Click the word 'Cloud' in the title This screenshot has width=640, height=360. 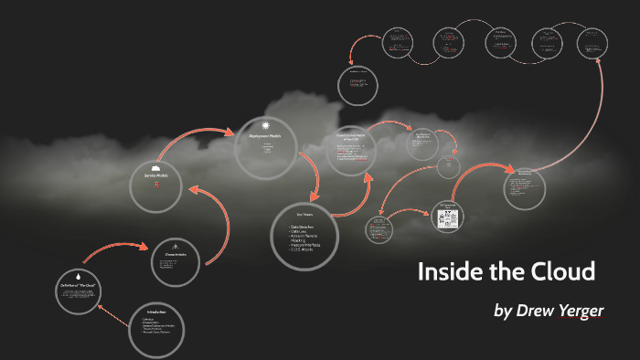tap(563, 271)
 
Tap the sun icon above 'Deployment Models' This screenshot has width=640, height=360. tap(266, 126)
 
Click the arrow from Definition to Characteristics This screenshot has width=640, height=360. tap(114, 249)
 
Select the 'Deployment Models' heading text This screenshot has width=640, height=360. tap(266, 136)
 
